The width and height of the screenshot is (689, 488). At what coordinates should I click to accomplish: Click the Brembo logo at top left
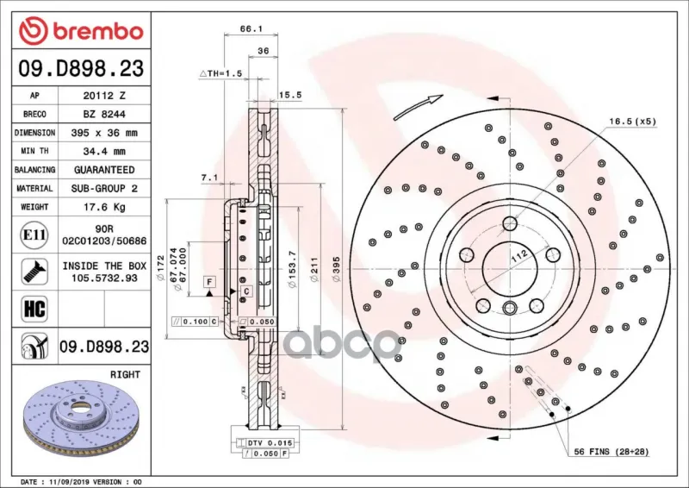pyautogui.click(x=81, y=31)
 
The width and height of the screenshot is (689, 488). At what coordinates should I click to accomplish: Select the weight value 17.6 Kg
pyautogui.click(x=104, y=207)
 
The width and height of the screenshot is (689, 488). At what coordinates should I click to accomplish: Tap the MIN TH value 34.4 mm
pyautogui.click(x=104, y=152)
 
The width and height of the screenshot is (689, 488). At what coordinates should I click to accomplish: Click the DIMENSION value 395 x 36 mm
pyautogui.click(x=104, y=133)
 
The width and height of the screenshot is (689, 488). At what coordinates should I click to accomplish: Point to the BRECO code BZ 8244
pyautogui.click(x=104, y=115)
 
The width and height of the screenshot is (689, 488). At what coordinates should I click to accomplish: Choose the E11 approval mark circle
pyautogui.click(x=34, y=235)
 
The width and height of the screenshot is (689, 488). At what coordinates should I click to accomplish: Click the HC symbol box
pyautogui.click(x=34, y=309)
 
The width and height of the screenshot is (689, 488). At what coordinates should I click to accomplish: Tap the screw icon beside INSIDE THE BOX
pyautogui.click(x=34, y=272)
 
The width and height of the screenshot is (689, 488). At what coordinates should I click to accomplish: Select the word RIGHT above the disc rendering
pyautogui.click(x=125, y=374)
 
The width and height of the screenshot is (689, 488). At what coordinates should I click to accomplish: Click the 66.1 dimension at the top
pyautogui.click(x=251, y=29)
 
